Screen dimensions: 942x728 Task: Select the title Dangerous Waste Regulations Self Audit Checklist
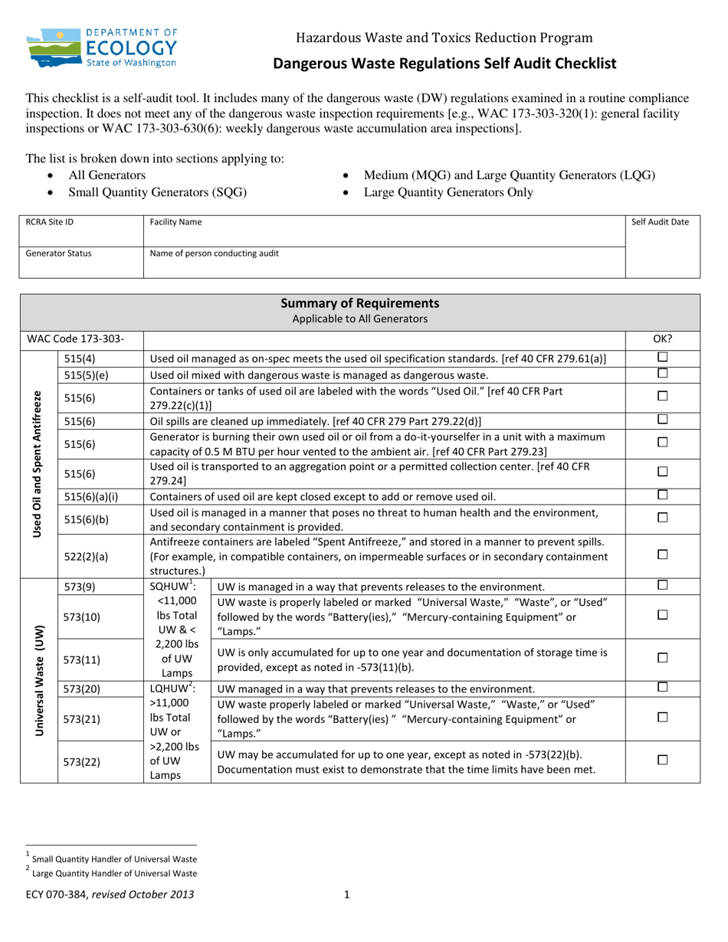coord(445,64)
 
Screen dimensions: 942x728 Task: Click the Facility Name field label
coord(176,222)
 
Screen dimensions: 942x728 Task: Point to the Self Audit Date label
coord(660,222)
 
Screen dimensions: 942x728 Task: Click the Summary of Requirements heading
coord(360,303)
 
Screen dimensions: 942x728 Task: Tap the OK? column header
coord(662,338)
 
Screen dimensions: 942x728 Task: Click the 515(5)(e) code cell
coord(86,375)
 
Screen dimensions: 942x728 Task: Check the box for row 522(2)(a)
coord(663,555)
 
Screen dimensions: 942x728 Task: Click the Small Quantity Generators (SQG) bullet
coord(157,192)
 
